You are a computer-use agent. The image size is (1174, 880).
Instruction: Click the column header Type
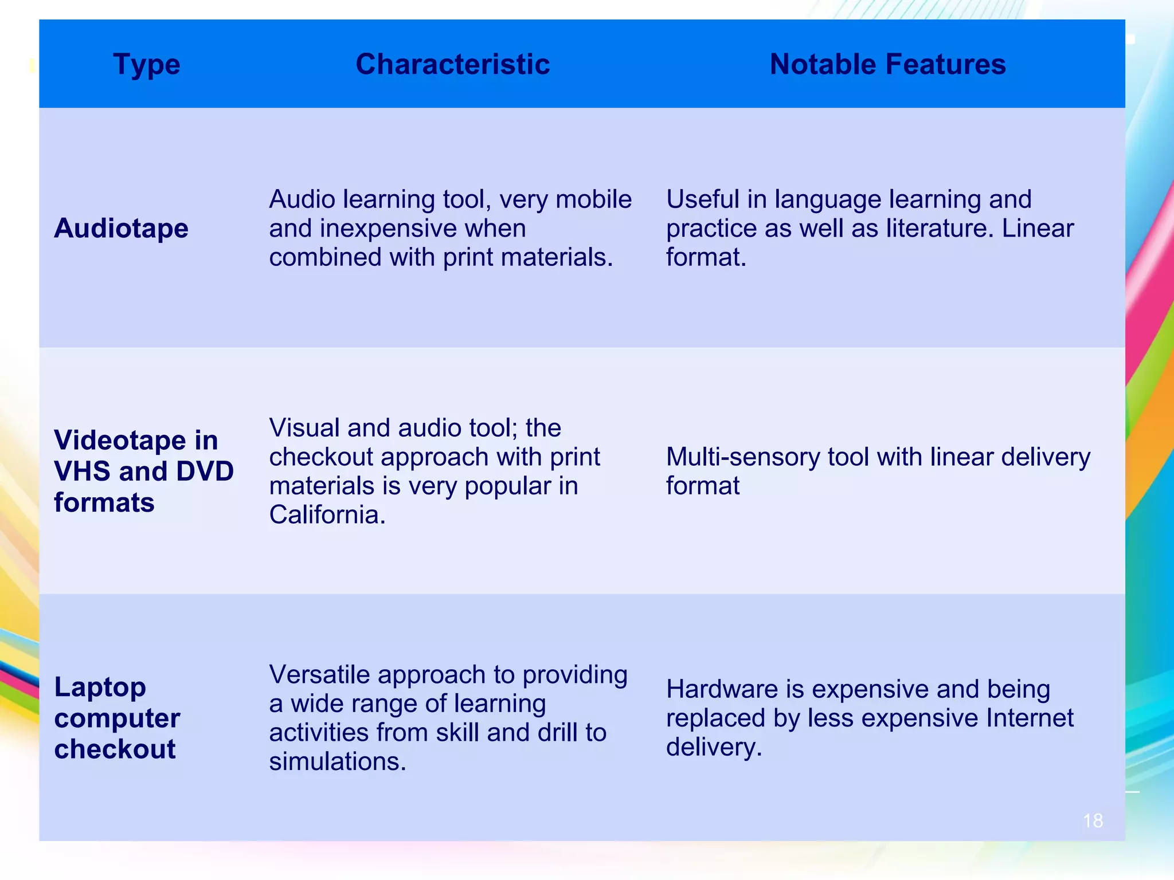[147, 64]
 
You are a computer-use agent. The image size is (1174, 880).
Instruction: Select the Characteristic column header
[452, 64]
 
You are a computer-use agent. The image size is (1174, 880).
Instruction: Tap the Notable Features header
[887, 64]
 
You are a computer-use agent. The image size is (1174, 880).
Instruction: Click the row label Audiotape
[121, 228]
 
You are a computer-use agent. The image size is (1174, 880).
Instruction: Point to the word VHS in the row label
[82, 471]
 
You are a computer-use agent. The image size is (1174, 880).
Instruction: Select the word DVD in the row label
[205, 471]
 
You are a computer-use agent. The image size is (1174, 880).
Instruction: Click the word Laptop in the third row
[100, 687]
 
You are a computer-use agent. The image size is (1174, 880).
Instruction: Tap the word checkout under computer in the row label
[115, 749]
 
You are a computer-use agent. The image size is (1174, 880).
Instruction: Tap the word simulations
[338, 761]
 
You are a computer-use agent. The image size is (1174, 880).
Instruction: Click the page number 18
[1093, 820]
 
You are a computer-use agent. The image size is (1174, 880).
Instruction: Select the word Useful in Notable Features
[702, 199]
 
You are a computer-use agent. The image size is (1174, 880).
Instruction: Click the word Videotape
[120, 440]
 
